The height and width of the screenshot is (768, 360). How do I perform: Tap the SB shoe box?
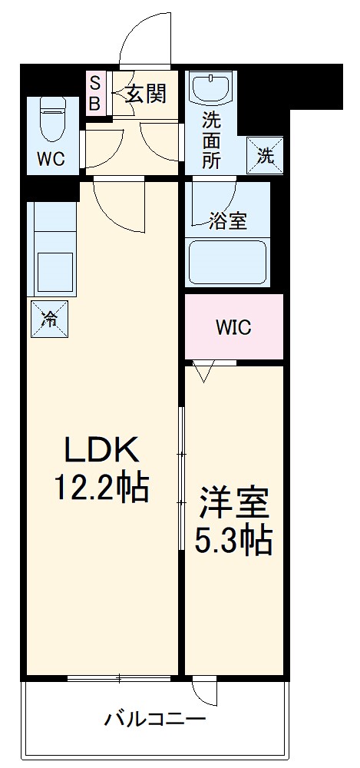click(x=95, y=94)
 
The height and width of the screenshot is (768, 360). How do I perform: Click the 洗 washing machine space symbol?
click(x=264, y=156)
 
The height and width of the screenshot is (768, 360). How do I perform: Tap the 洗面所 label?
click(x=211, y=140)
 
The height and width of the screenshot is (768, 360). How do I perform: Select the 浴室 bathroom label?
click(x=228, y=220)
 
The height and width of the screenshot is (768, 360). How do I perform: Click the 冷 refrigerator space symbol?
click(x=49, y=318)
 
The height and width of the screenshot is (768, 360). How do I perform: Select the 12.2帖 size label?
click(x=100, y=487)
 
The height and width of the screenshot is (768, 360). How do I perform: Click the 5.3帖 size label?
click(x=233, y=542)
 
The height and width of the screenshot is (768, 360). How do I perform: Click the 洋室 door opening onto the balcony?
click(x=206, y=691)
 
